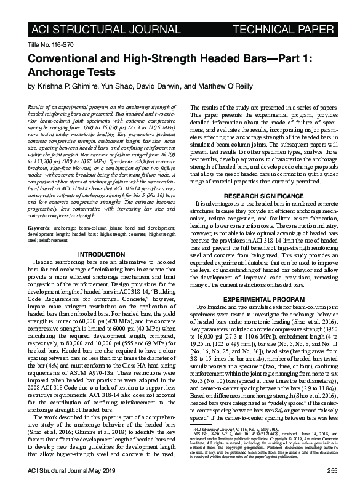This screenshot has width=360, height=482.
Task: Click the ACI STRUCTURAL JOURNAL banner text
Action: (x=88, y=29)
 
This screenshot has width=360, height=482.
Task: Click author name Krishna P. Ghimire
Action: (x=68, y=86)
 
